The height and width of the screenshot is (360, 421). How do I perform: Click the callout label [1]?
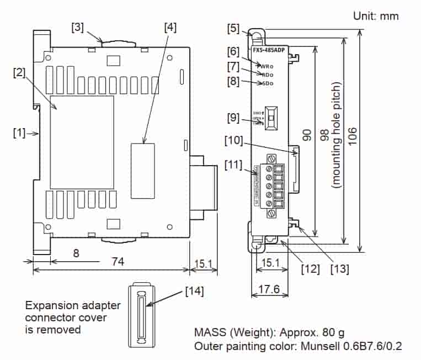(19, 133)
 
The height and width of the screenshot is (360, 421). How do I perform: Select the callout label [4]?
(170, 27)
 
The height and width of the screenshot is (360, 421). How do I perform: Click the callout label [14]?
(194, 290)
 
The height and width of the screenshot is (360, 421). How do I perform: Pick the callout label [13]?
(340, 269)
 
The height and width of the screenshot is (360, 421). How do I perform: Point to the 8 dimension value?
(76, 253)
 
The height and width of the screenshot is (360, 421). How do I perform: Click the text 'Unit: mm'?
(376, 15)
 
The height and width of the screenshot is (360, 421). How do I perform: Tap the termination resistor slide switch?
(270, 117)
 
